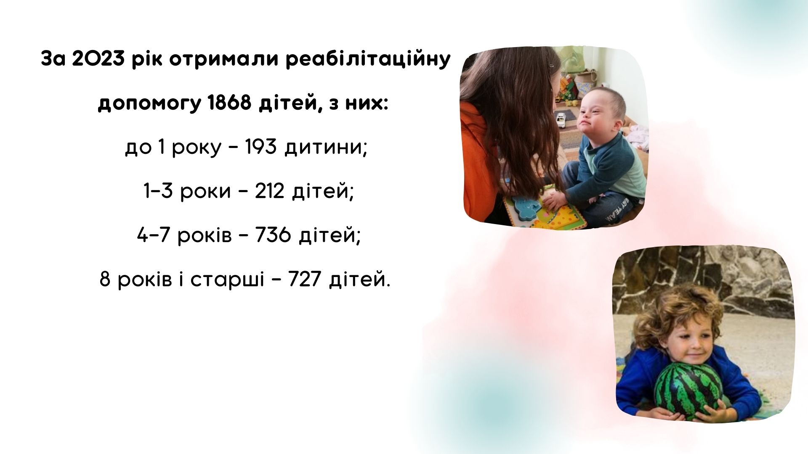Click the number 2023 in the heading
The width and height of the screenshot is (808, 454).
tap(98, 60)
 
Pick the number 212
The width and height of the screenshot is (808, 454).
tap(270, 191)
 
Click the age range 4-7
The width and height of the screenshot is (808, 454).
tap(153, 235)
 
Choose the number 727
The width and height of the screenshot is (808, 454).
tap(305, 279)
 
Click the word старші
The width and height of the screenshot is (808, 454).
tap(228, 280)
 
